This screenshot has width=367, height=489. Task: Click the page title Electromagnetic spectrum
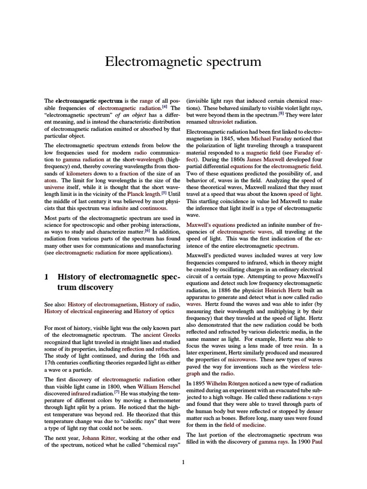(x=183, y=62)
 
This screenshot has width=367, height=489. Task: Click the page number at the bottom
(x=183, y=462)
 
